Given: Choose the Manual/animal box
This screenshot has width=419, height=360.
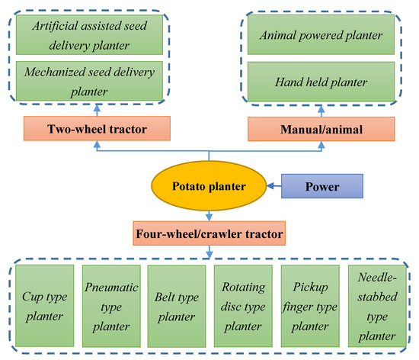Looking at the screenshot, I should (321, 127).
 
